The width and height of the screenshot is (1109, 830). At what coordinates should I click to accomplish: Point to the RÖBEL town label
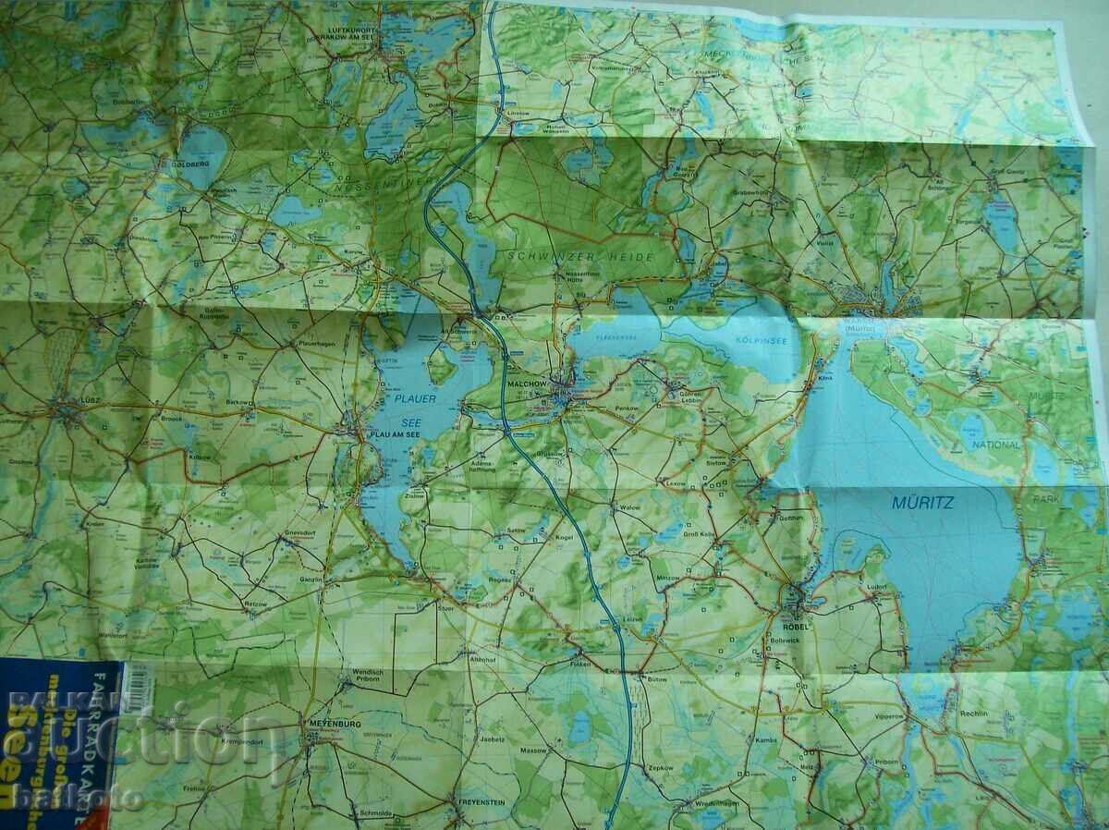795,626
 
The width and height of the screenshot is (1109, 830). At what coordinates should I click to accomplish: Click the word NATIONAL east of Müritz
995,445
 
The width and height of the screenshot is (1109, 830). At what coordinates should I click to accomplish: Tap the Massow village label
533,750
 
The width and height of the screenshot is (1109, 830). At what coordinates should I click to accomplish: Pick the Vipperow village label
887,716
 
